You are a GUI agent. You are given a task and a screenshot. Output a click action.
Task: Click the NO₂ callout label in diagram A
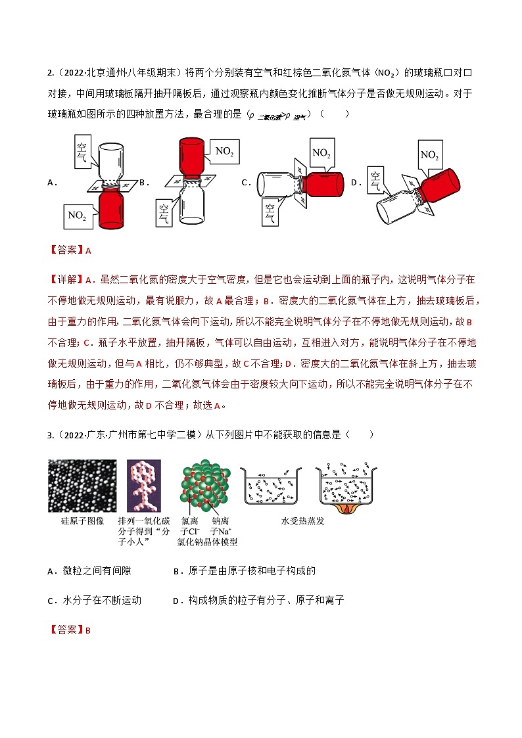76,214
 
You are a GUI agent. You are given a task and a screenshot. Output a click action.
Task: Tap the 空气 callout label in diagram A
82,151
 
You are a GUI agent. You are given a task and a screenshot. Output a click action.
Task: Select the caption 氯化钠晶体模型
207,542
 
